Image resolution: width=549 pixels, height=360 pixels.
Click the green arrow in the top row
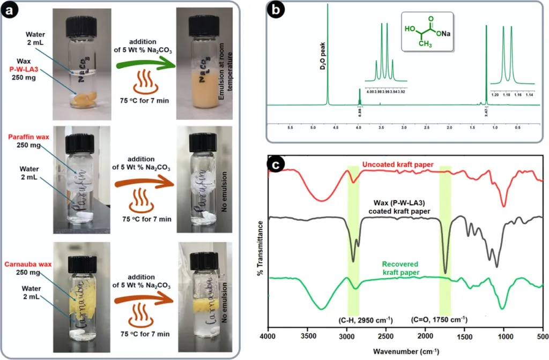point(143,74)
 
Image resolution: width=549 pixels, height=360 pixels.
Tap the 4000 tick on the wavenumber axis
point(267,336)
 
